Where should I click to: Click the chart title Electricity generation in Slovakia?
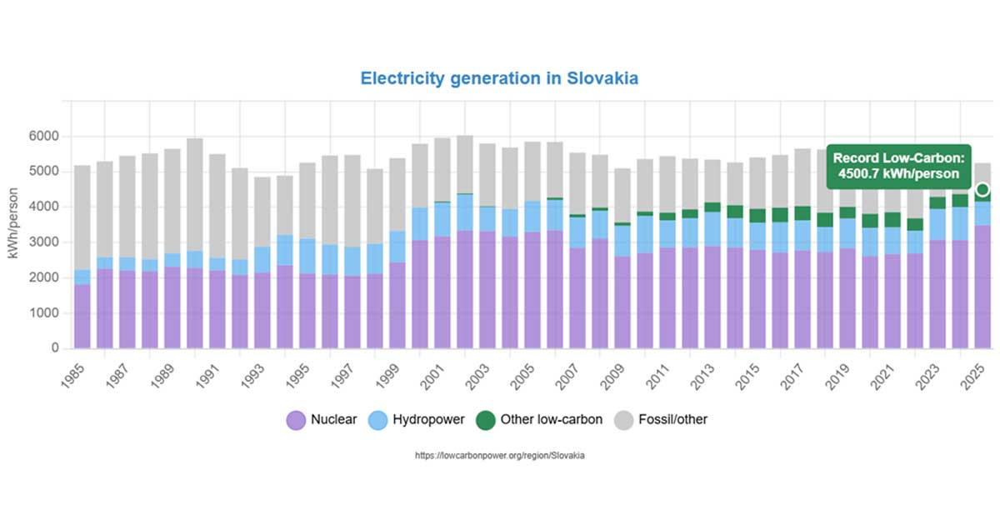coord(499,78)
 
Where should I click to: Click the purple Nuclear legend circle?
coord(296,420)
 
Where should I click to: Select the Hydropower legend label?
coord(427,420)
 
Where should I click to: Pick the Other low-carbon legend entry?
coord(551,420)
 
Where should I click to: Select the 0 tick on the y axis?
coord(55,348)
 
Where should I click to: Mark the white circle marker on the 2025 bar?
coord(982,189)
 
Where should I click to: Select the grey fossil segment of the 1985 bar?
coord(82,217)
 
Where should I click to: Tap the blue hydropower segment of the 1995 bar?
coord(307,267)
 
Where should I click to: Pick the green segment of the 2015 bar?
coord(757,216)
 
